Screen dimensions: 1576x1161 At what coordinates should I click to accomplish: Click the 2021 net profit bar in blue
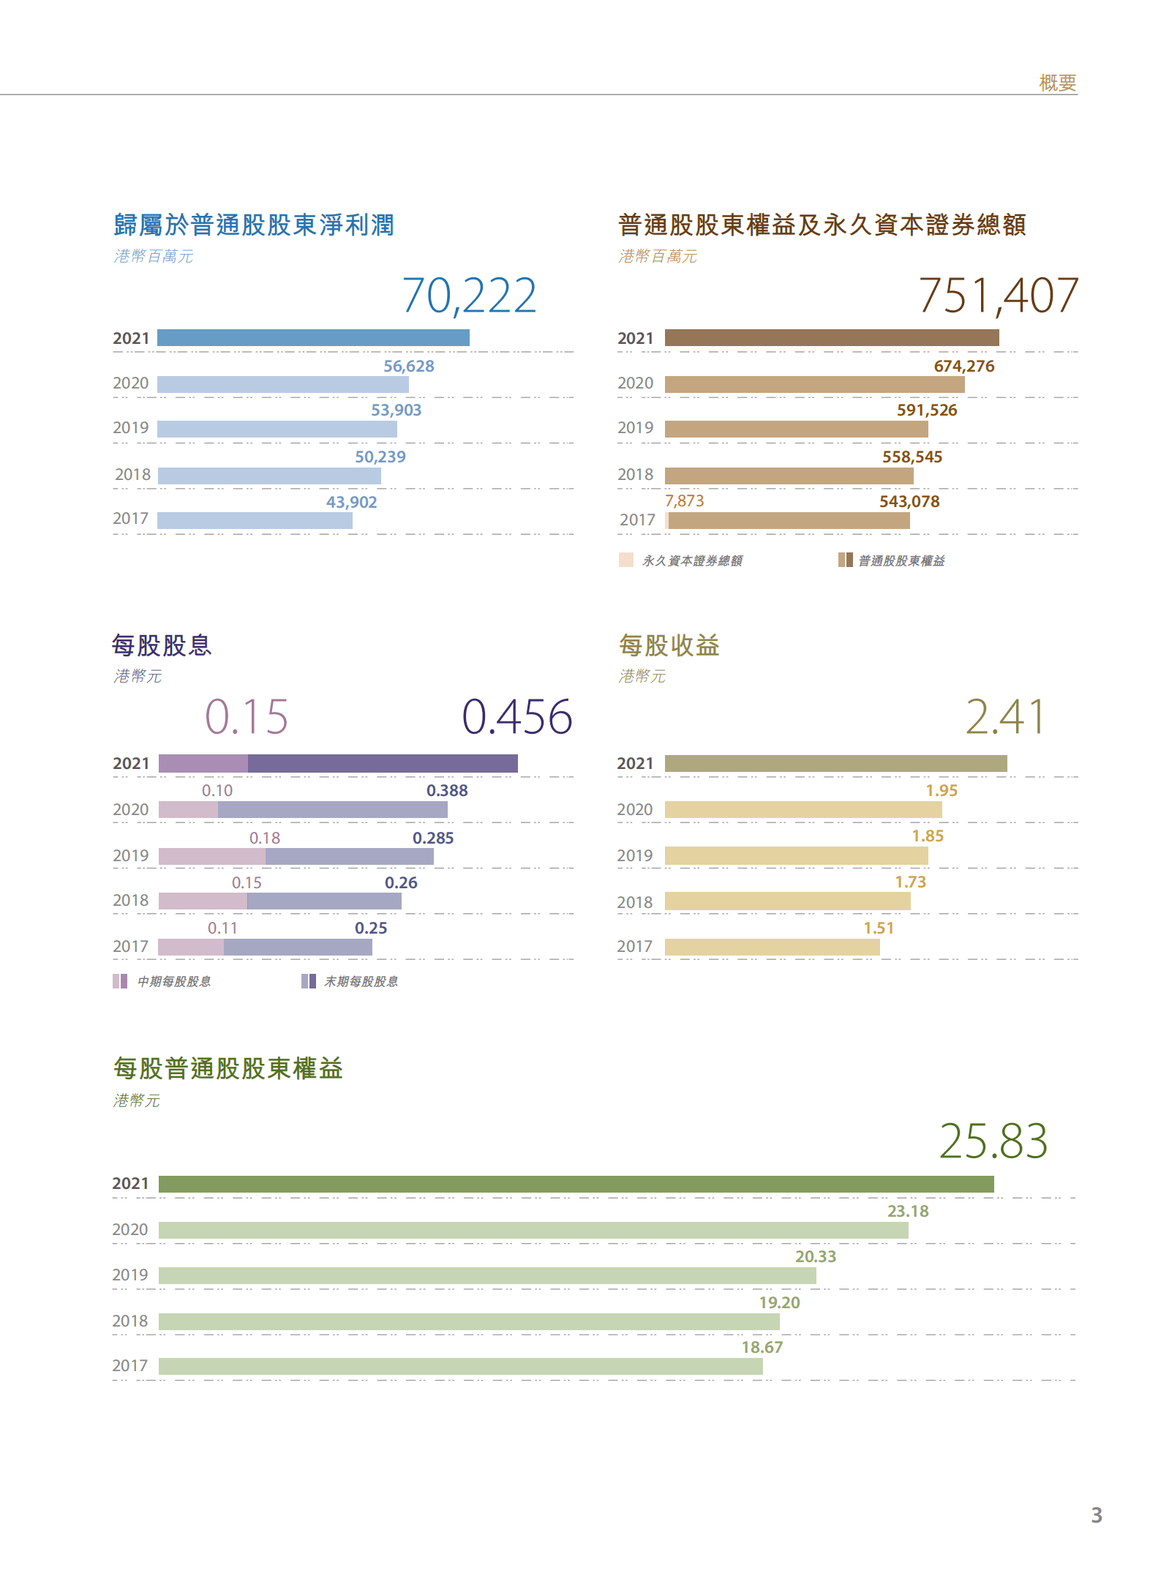click(313, 337)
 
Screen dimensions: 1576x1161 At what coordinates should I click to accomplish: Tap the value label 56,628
click(408, 366)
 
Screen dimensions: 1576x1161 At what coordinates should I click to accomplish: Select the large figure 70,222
click(469, 296)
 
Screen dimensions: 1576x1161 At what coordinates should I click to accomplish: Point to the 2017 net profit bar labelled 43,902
click(255, 520)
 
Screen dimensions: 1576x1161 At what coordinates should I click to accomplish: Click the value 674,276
click(963, 366)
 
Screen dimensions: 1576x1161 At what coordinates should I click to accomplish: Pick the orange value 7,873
click(684, 501)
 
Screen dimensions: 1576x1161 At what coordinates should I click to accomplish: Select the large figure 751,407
click(998, 296)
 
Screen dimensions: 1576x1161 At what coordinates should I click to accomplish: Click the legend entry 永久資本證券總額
click(691, 561)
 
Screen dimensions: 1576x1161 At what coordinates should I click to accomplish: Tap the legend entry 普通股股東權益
click(901, 561)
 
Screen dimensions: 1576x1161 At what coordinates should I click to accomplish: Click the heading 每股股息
click(162, 645)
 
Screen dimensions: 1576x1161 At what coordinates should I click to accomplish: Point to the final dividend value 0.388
click(447, 791)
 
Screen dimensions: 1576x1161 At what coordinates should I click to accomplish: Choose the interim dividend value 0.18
click(265, 838)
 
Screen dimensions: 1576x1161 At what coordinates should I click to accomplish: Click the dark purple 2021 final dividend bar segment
click(383, 764)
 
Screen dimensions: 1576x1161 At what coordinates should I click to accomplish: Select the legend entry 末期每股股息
click(361, 982)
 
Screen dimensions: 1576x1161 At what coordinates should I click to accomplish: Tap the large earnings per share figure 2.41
click(1005, 716)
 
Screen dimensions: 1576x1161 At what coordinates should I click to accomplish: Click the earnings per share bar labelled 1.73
click(787, 901)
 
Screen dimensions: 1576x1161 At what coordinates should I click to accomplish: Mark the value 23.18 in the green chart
click(908, 1212)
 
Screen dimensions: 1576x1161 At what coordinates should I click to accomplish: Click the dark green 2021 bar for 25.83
click(576, 1184)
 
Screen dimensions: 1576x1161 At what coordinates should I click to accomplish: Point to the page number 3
click(1096, 1515)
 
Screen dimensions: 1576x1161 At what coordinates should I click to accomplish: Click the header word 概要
click(1057, 83)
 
